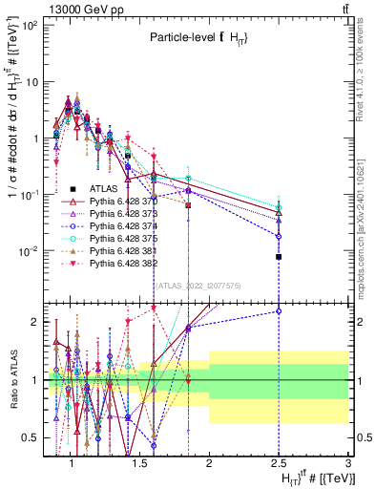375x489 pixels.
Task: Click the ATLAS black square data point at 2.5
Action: coord(279,257)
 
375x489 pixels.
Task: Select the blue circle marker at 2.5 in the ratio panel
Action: coord(279,310)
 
